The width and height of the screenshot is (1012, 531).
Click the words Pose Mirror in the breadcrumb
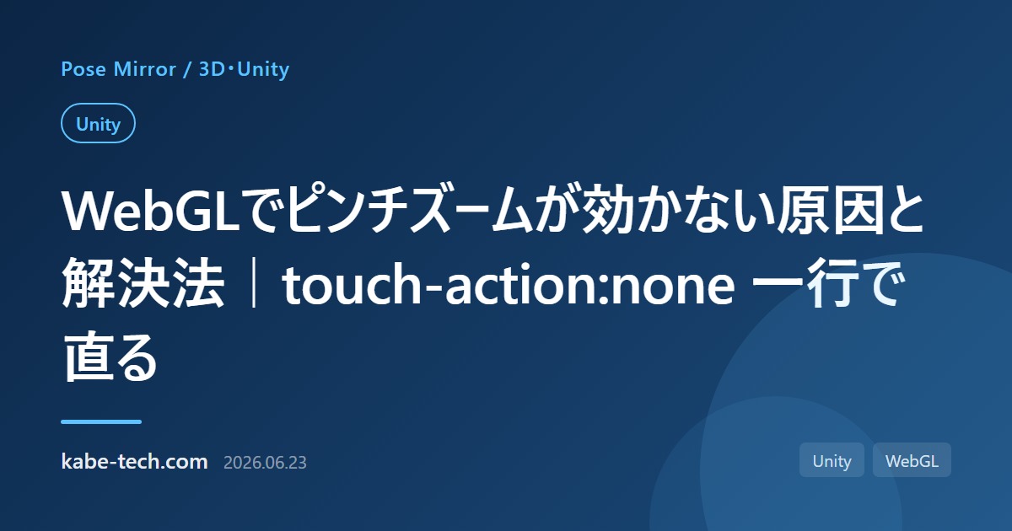coord(118,69)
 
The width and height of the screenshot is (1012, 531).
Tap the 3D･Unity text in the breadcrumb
coord(244,69)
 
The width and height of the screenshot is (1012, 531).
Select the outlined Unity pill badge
coord(98,123)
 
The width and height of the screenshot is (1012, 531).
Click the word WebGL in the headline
coord(150,211)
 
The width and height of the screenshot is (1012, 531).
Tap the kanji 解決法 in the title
coord(143,283)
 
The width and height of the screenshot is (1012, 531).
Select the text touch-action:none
coord(509,285)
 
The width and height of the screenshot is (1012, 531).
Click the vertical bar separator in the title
coord(254,283)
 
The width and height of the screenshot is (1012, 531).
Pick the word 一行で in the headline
coord(828,283)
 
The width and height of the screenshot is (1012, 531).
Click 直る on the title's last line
coord(110,357)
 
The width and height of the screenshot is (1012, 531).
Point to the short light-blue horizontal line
coord(101,421)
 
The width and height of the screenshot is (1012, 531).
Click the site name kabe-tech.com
coord(135,462)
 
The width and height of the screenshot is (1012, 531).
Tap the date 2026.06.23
coord(265,463)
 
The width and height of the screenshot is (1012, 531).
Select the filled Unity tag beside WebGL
coord(832,460)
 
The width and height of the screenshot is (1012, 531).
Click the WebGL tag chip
coord(912,460)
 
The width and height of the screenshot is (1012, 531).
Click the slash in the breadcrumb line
coord(187,70)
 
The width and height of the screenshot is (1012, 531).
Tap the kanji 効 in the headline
coord(608,211)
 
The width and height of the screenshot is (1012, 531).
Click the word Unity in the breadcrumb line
coord(263,69)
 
